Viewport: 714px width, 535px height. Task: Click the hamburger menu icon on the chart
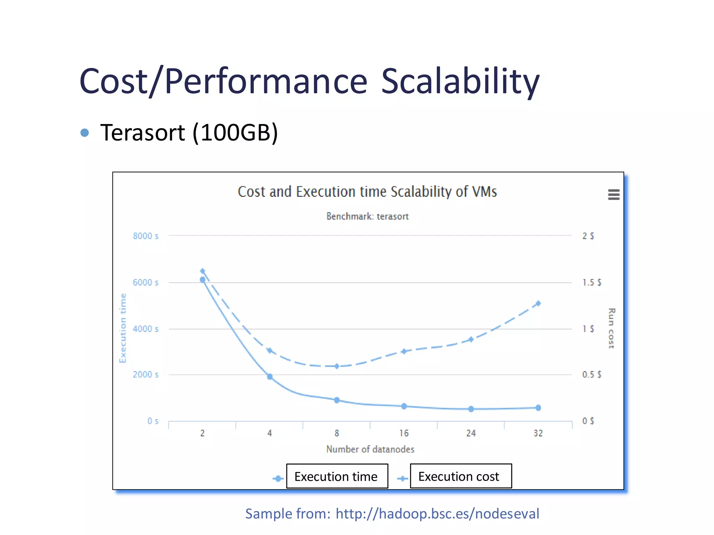pos(614,194)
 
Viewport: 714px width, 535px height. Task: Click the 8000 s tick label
pos(145,236)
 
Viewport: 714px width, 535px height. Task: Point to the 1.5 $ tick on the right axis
pos(592,282)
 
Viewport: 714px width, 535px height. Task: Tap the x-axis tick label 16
pos(404,433)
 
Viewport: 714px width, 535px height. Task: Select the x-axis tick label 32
pos(538,433)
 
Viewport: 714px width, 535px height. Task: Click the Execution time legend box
pos(337,476)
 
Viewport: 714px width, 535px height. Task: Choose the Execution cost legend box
pos(461,476)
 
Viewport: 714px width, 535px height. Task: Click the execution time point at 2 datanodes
pos(203,280)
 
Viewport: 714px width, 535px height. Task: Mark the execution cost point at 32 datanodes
pos(538,303)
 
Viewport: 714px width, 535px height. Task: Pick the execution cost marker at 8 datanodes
pos(337,366)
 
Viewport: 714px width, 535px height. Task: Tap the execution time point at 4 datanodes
pos(269,377)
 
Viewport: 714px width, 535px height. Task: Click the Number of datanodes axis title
pos(370,449)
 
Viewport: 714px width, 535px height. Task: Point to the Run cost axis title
pos(612,328)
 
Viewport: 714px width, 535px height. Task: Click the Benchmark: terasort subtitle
pos(367,216)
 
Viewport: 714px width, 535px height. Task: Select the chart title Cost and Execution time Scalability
pos(367,192)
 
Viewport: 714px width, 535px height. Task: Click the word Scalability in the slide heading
pos(460,82)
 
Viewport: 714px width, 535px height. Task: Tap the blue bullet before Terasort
pos(85,133)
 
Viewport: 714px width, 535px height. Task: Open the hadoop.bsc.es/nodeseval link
pos(437,514)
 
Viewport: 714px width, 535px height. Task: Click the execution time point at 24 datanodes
pos(471,409)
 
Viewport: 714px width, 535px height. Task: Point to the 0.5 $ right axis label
pos(592,375)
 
